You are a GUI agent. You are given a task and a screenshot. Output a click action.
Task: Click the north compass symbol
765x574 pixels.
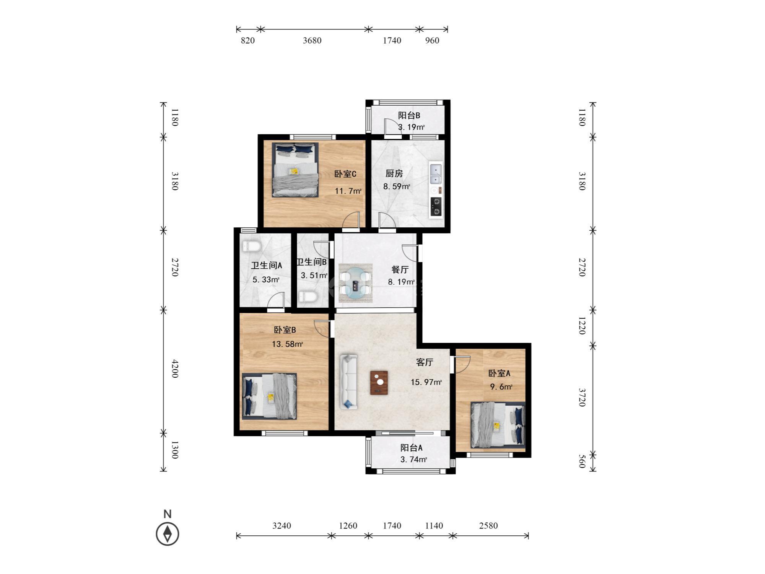[168, 533]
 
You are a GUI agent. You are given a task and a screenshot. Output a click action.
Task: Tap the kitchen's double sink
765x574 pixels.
[436, 174]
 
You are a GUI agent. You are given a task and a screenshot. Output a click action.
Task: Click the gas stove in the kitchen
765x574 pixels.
[436, 206]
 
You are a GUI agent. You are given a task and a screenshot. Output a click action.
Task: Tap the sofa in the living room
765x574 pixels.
[348, 382]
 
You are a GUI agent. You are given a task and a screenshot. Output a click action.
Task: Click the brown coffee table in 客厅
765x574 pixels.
[379, 383]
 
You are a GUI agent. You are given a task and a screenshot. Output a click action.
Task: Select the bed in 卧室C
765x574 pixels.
[295, 170]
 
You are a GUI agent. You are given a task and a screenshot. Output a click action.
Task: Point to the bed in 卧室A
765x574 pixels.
[498, 425]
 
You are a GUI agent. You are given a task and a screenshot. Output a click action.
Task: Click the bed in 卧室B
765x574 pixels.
[269, 396]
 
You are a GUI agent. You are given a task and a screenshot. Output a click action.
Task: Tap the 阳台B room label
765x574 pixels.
[409, 116]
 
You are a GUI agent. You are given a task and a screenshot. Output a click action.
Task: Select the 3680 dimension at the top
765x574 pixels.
[312, 41]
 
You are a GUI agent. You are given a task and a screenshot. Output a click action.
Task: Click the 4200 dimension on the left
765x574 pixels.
[174, 369]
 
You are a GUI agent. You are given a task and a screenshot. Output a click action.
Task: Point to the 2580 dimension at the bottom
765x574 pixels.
[488, 526]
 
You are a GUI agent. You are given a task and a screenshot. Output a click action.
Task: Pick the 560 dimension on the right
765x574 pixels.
[582, 461]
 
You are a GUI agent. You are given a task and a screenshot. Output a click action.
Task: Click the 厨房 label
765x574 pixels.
[394, 174]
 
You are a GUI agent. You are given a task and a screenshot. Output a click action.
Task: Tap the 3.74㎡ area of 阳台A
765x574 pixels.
[413, 460]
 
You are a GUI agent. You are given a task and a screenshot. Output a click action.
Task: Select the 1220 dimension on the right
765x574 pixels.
[582, 326]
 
